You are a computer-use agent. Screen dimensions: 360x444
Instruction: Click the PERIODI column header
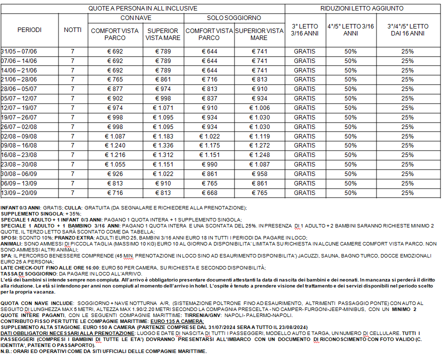29,30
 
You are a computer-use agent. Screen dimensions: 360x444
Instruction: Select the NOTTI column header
72,30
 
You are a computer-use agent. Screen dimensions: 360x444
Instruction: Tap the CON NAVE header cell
136,18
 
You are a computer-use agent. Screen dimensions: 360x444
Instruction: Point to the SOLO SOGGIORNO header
234,18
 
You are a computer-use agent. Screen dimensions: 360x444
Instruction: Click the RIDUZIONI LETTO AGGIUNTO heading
361,8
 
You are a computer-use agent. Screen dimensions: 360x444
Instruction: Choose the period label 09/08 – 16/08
19,145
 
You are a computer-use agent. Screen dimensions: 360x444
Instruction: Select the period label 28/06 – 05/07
19,89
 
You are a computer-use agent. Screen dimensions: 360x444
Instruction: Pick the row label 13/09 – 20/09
19,193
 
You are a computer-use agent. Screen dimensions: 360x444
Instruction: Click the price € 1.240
114,145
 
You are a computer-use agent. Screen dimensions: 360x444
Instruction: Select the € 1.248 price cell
259,155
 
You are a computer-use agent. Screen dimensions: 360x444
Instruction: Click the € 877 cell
114,89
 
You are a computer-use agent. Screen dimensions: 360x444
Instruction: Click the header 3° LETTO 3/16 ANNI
304,30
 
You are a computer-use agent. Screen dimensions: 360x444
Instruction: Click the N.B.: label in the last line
7,350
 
